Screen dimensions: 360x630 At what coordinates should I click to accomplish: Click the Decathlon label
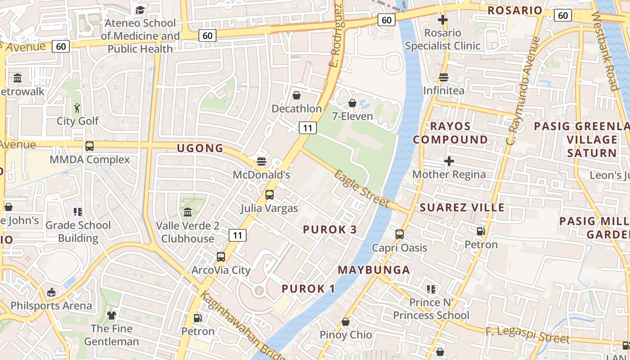pos(297,109)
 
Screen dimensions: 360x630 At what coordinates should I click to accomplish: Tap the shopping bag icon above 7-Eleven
pos(352,103)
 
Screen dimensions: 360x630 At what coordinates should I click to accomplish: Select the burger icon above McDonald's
pos(261,161)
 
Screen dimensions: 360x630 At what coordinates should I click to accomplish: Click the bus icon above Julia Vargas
pos(269,195)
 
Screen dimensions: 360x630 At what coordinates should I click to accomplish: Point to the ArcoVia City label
pos(220,270)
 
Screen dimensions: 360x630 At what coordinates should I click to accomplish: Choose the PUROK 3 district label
pos(330,229)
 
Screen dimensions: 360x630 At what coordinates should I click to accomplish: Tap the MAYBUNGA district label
pos(374,270)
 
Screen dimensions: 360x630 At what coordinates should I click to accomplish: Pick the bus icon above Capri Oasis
pos(399,234)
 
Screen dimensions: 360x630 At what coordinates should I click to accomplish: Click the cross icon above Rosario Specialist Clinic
pos(443,20)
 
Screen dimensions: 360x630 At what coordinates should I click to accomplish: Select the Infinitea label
pos(444,90)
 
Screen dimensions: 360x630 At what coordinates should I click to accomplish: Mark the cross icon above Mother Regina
pos(449,161)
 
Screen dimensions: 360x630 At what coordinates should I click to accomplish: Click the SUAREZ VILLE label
pos(462,207)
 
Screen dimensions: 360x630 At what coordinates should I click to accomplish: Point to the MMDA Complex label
pos(90,160)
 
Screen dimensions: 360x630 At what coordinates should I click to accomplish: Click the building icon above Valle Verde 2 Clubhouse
pos(187,212)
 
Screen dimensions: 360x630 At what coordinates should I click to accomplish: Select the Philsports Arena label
pos(51,306)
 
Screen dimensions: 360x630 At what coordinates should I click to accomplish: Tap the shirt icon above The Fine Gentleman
pos(111,315)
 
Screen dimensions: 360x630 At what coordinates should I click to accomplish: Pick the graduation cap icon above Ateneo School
pos(140,10)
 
